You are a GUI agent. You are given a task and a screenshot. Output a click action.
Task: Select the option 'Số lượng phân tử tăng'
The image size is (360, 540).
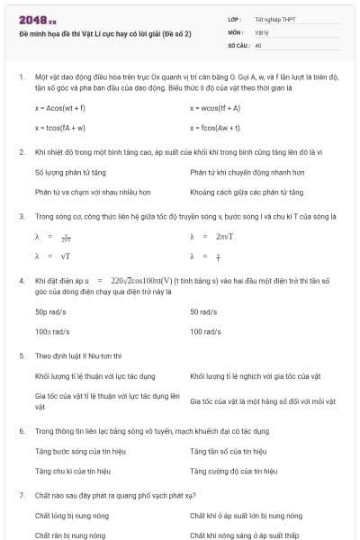[x=70, y=171]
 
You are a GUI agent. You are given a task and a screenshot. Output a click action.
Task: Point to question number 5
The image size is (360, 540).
[x=21, y=355]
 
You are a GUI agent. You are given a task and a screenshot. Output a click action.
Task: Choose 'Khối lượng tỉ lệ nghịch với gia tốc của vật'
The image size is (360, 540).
[x=249, y=375]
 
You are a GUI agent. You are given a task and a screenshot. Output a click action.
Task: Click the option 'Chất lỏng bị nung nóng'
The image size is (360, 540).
[x=69, y=516]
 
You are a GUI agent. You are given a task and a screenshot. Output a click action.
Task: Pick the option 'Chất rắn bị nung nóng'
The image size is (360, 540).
[x=68, y=535]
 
